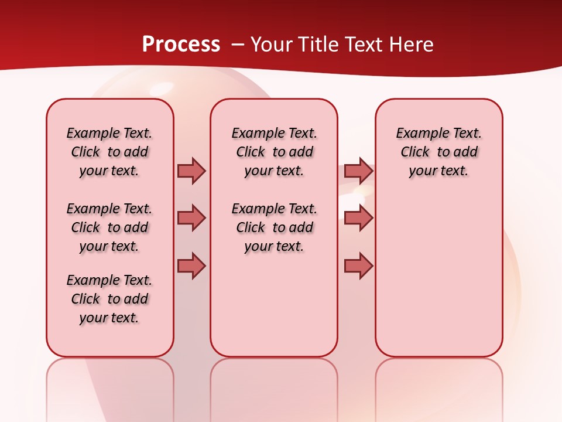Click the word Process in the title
point(181,45)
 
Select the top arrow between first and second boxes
point(191,171)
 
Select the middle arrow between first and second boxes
point(191,218)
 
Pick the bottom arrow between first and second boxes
point(191,266)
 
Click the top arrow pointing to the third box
point(358,171)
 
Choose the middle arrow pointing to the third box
point(358,218)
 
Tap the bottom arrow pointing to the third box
point(358,266)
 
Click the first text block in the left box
point(109,152)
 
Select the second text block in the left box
point(109,227)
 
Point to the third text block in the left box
point(109,299)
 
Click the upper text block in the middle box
point(274,152)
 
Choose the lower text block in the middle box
point(274,227)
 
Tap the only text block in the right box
point(438,152)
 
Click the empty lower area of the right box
point(438,281)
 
